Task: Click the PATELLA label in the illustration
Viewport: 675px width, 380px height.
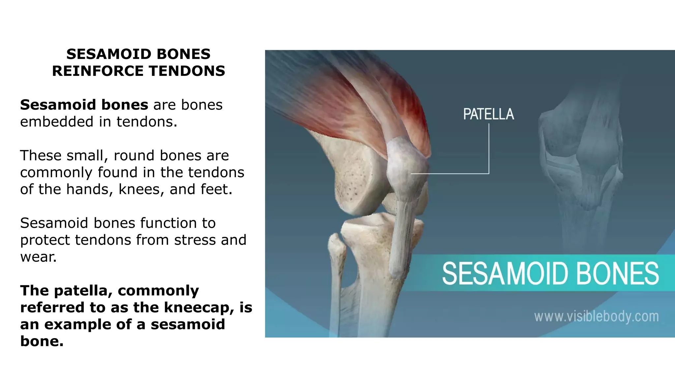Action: (x=488, y=114)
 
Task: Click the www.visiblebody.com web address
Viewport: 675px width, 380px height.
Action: (x=596, y=317)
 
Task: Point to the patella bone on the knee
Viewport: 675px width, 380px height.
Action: (x=406, y=165)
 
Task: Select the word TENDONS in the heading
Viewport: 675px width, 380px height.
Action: (x=187, y=71)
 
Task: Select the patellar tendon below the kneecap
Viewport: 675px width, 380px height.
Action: (x=400, y=237)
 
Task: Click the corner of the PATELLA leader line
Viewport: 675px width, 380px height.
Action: (x=489, y=173)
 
